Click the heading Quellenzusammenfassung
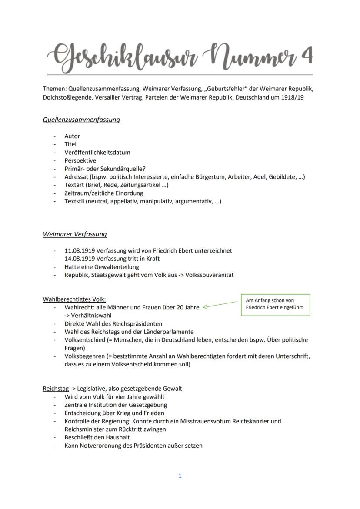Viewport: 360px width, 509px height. click(x=81, y=120)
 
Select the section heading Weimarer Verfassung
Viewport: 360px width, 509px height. click(x=75, y=234)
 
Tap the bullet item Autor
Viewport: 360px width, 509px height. click(x=72, y=136)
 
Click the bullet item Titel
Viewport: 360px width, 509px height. click(x=70, y=144)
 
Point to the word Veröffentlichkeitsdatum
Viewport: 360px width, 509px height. click(x=97, y=152)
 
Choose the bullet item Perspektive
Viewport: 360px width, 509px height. click(x=80, y=160)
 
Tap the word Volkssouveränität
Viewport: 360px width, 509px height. click(x=210, y=275)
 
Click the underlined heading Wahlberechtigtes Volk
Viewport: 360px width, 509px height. click(x=74, y=299)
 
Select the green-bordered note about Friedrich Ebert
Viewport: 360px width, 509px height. click(x=275, y=304)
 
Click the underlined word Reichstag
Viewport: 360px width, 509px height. click(x=56, y=389)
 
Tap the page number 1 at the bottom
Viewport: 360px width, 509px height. click(x=180, y=476)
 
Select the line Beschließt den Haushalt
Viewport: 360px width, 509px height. click(x=97, y=437)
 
